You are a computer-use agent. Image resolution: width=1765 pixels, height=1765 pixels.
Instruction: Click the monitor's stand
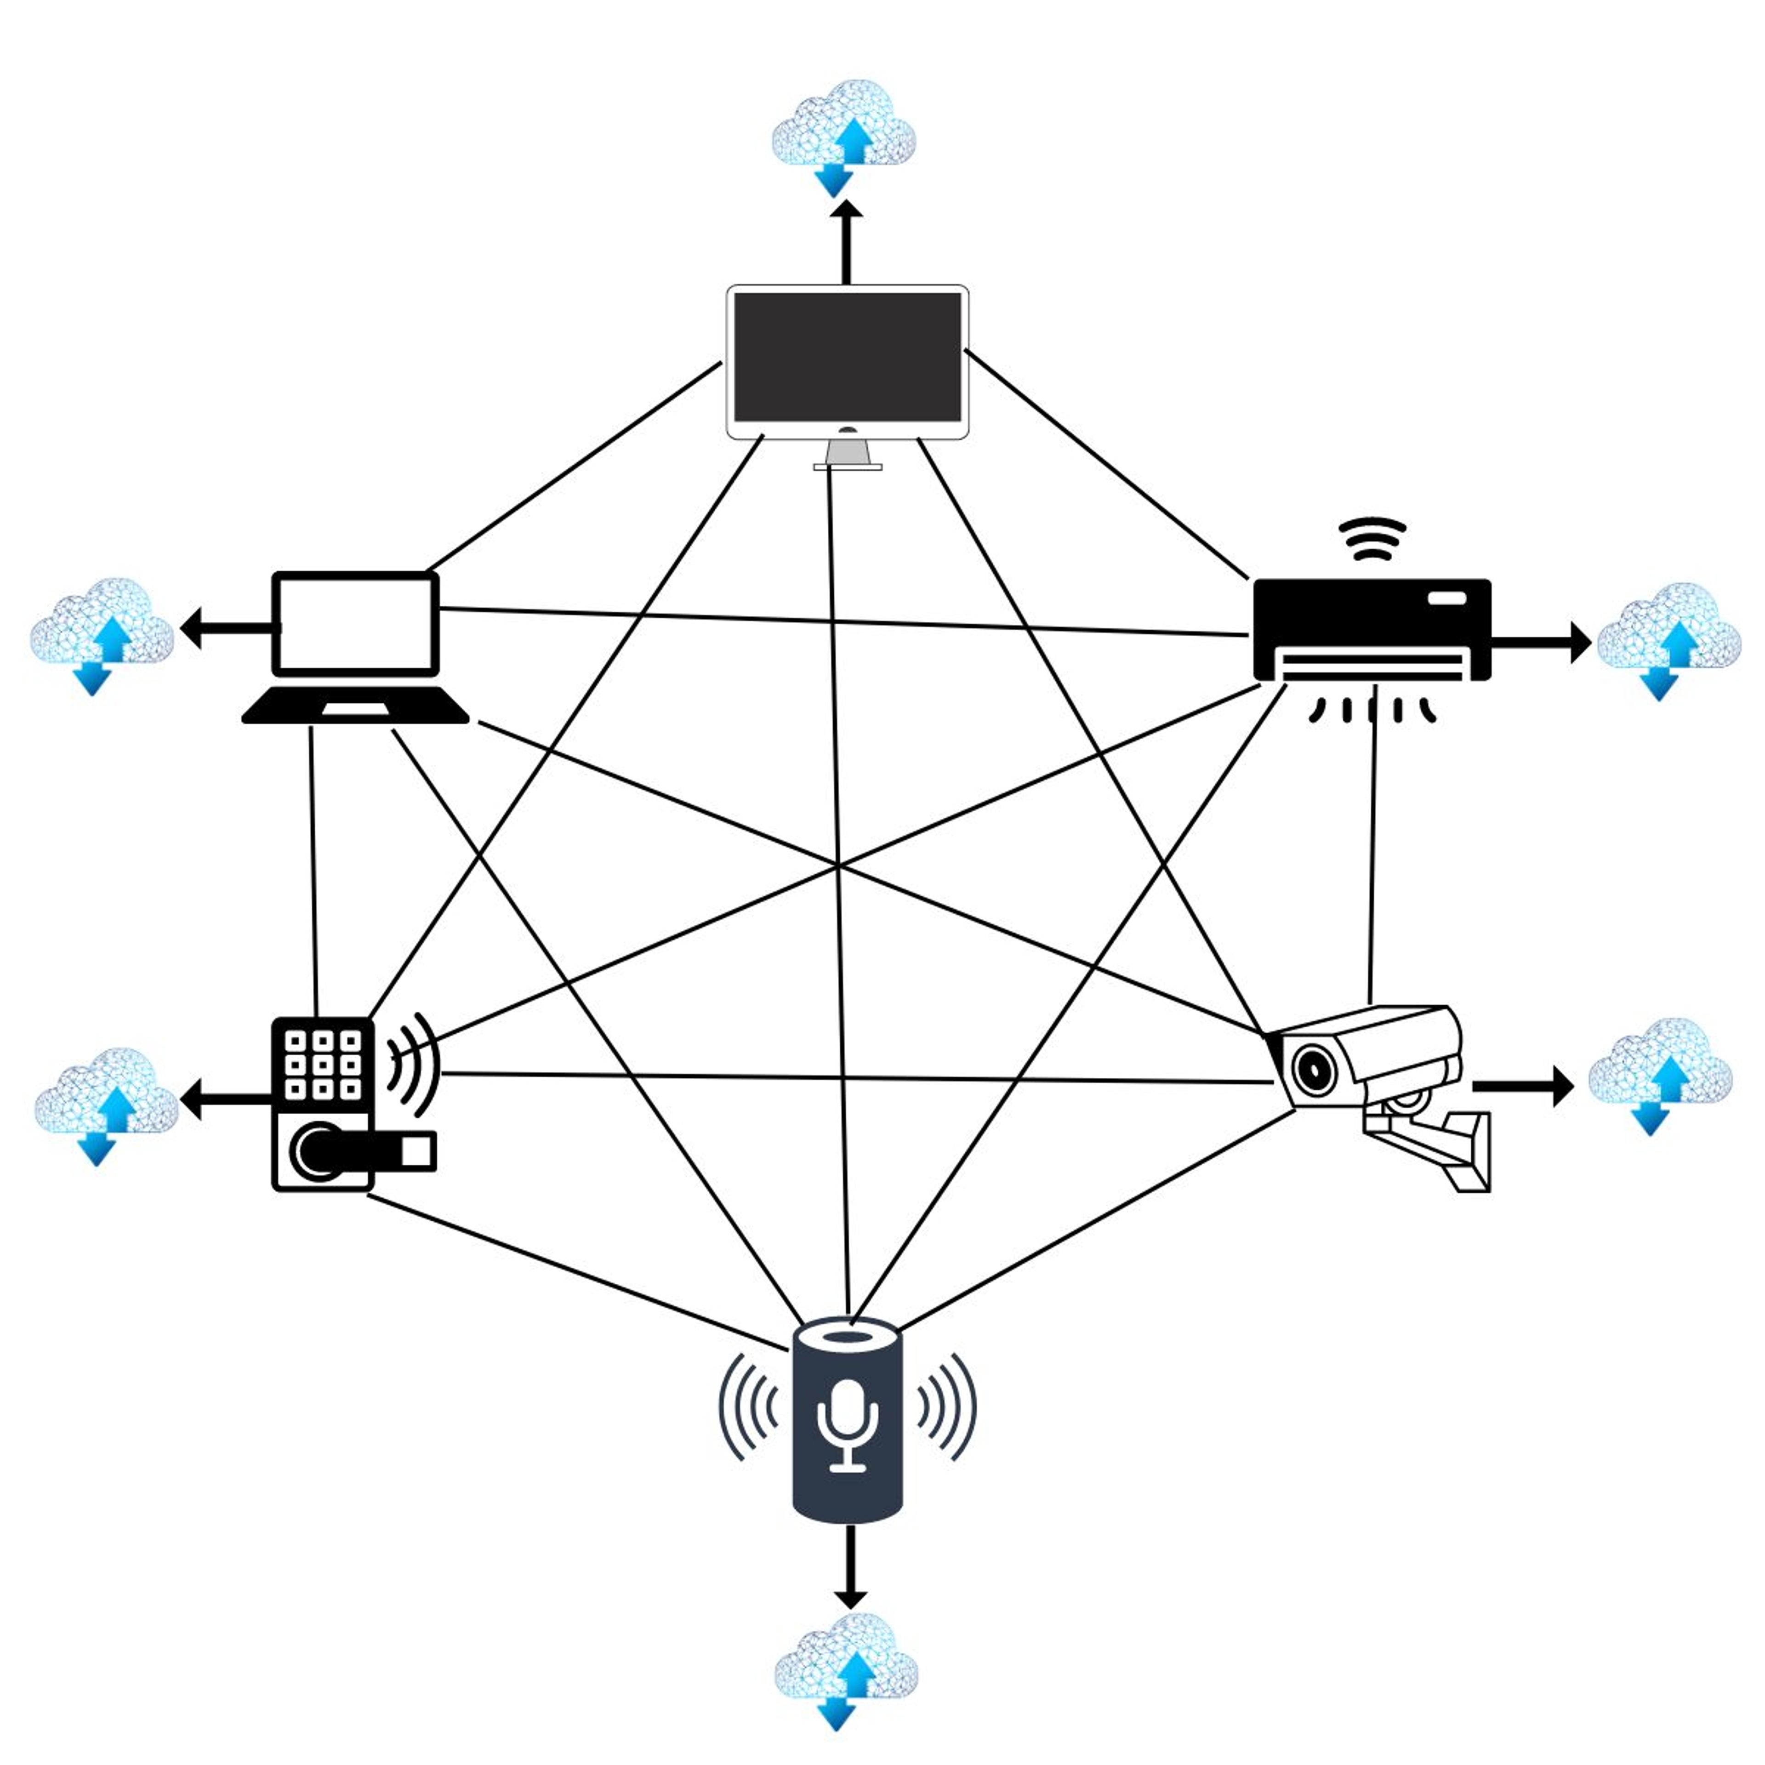847,454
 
